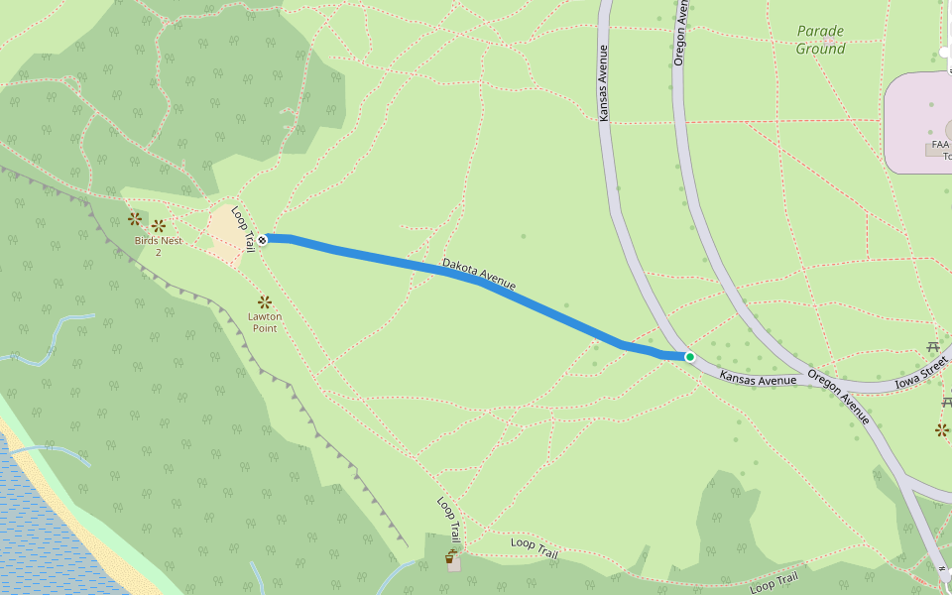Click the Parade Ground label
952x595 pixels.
pyautogui.click(x=821, y=40)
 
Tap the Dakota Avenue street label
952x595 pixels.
pyautogui.click(x=479, y=275)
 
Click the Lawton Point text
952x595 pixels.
pyautogui.click(x=265, y=322)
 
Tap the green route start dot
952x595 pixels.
pyautogui.click(x=689, y=357)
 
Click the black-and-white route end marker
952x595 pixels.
pyautogui.click(x=262, y=239)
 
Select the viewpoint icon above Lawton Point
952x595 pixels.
pyautogui.click(x=265, y=301)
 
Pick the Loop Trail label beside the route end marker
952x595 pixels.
pyautogui.click(x=243, y=228)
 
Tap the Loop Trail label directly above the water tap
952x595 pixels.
pyautogui.click(x=448, y=519)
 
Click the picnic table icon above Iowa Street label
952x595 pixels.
pyautogui.click(x=933, y=347)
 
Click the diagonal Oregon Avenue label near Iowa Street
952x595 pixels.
pyautogui.click(x=839, y=397)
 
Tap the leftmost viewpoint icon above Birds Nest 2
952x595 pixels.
pyautogui.click(x=135, y=219)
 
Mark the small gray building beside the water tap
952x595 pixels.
pyautogui.click(x=453, y=565)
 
